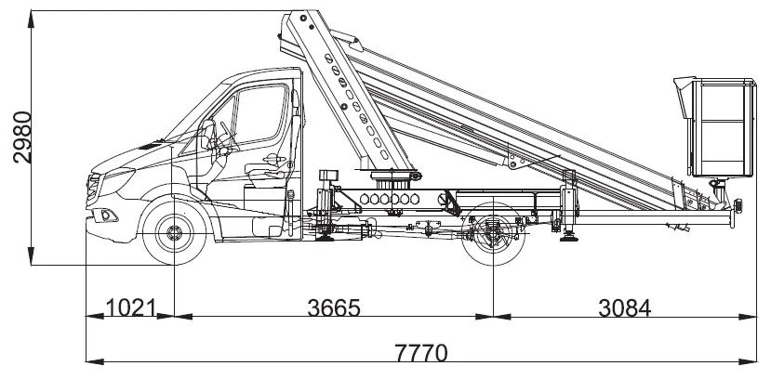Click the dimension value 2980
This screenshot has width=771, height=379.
coord(21,137)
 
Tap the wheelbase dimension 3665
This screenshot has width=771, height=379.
coord(333,307)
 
